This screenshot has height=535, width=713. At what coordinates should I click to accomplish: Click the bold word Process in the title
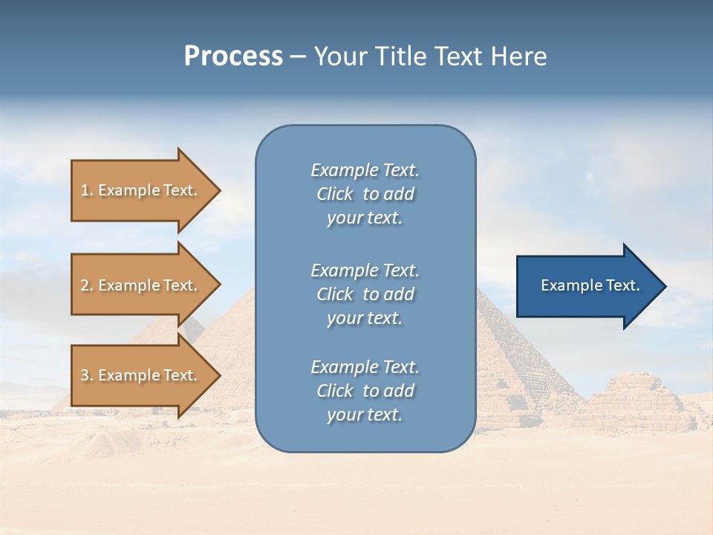click(x=233, y=56)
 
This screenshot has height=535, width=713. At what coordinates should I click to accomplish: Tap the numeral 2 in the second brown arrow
click(x=85, y=285)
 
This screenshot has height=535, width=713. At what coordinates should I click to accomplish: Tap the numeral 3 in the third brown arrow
click(x=85, y=375)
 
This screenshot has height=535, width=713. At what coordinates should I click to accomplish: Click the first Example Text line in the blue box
click(x=365, y=170)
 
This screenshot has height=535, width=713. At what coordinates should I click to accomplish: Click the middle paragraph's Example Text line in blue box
click(x=365, y=270)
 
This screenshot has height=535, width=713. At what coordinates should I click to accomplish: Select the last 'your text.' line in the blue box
click(x=365, y=415)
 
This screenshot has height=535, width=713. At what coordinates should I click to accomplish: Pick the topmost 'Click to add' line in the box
click(x=365, y=194)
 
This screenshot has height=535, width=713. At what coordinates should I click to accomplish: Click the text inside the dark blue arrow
click(x=590, y=285)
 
